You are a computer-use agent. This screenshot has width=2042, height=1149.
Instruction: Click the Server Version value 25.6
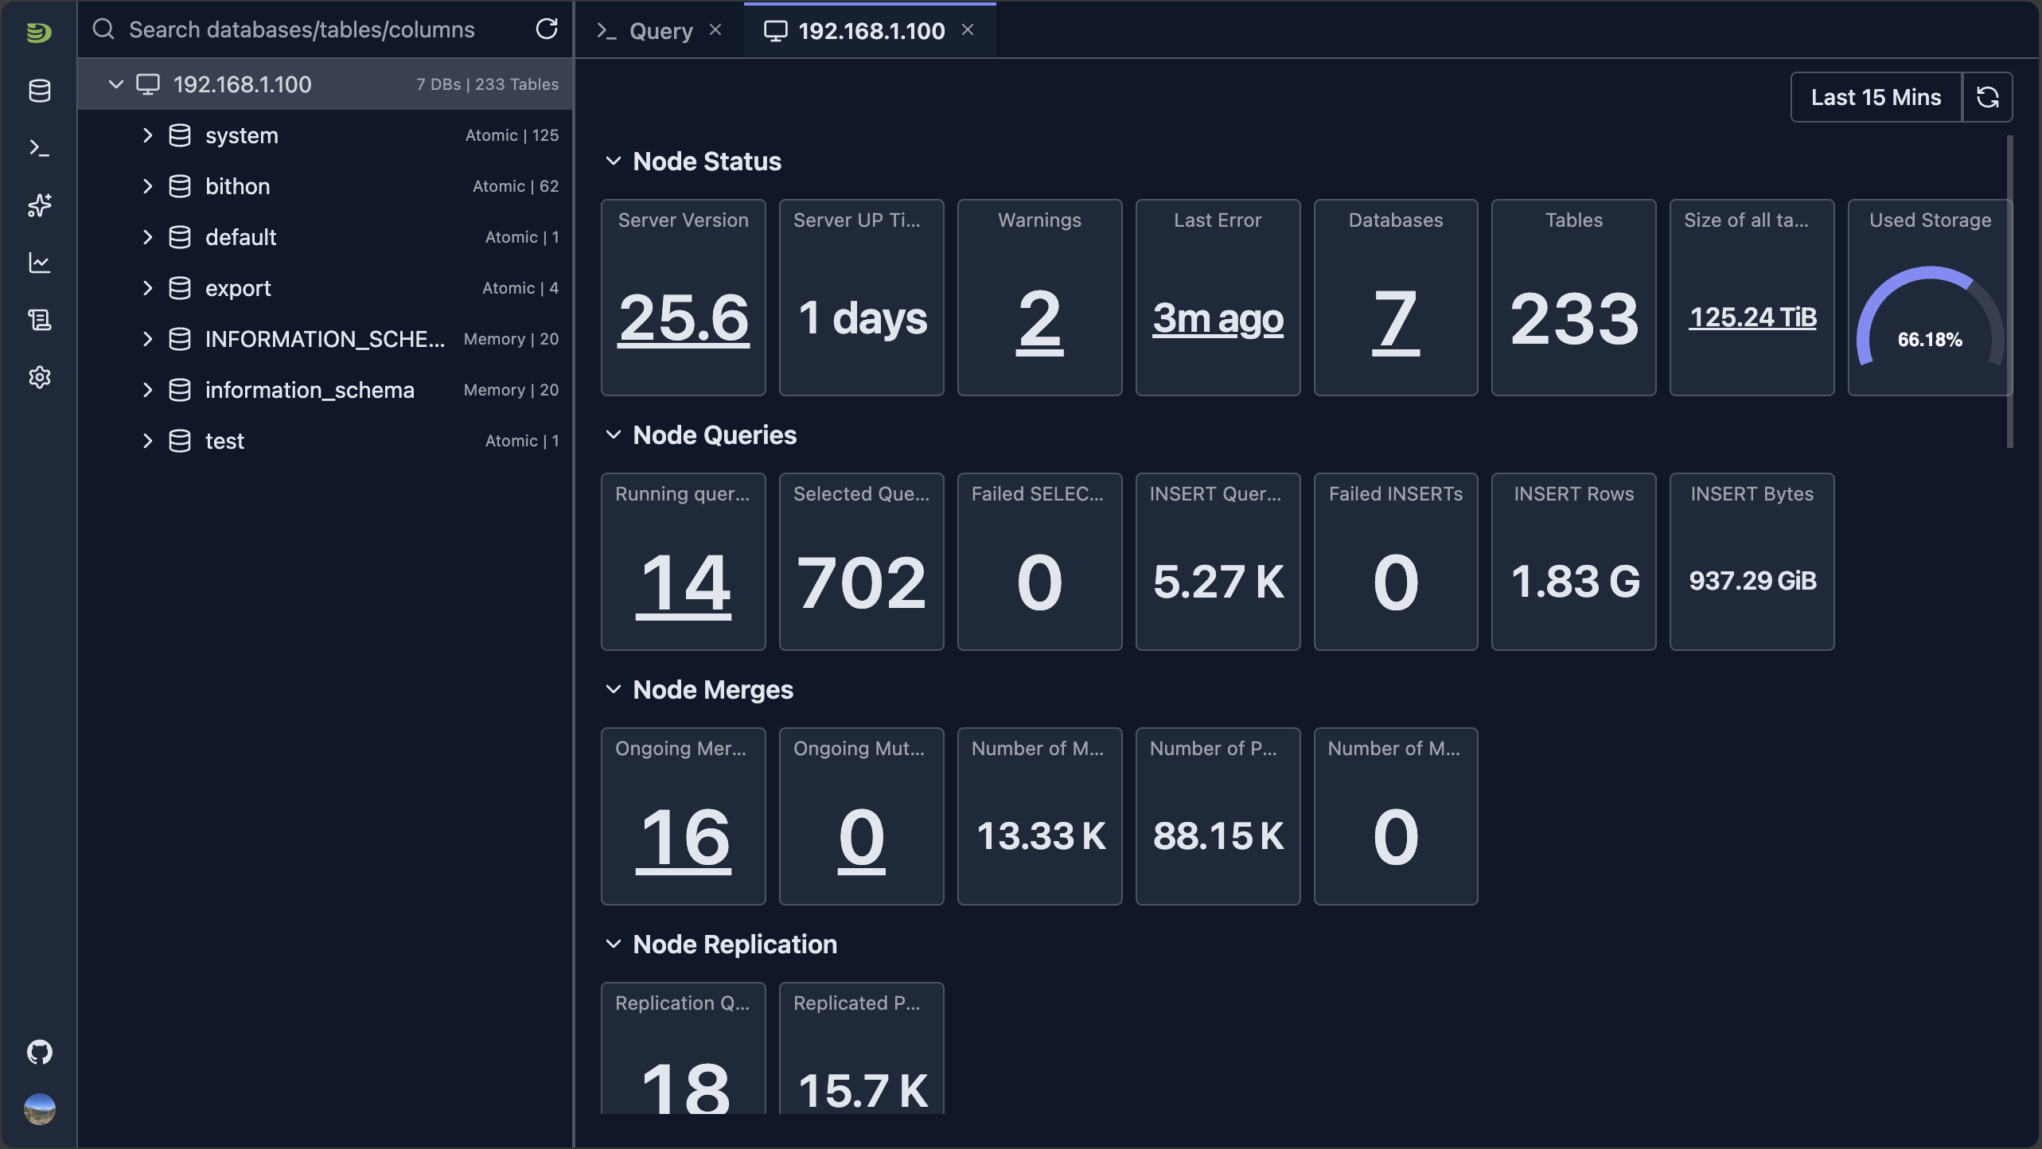684,318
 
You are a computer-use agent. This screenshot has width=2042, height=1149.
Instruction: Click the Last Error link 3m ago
1218,318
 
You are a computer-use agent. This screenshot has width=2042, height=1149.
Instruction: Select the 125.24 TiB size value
1752,317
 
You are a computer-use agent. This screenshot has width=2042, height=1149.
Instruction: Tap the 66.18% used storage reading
1930,340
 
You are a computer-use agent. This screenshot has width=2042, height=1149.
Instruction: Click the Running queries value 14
684,583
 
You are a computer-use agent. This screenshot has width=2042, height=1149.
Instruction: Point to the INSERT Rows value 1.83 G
1574,582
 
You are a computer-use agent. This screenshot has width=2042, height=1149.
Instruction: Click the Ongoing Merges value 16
684,838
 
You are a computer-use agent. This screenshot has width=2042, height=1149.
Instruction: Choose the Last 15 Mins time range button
1876,97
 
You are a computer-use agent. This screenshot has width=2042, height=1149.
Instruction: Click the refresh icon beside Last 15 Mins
1988,97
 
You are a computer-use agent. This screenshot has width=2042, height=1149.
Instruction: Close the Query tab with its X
715,30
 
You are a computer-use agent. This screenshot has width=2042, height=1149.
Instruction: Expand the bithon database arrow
147,186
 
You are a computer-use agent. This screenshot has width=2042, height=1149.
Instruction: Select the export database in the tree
238,288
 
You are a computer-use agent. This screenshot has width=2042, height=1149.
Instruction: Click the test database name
224,441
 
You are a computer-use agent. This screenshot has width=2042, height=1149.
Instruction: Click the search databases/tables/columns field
318,30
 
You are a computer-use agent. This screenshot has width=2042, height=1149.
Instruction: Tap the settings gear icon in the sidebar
40,377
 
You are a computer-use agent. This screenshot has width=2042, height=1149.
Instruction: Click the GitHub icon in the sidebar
40,1052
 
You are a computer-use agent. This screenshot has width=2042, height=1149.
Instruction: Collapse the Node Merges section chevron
613,690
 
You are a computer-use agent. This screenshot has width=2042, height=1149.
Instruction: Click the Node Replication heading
735,945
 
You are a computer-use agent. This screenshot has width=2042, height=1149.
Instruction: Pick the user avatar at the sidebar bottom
40,1108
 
